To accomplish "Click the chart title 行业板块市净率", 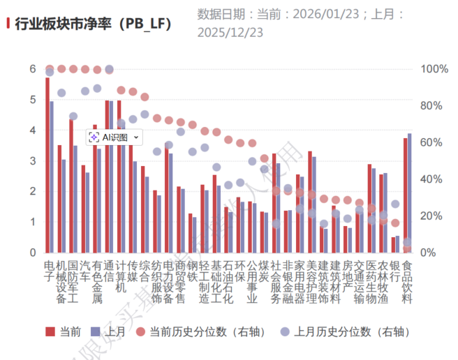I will (x=91, y=23).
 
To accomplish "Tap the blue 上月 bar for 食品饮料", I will (x=409, y=193).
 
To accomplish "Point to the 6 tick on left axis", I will (x=32, y=69).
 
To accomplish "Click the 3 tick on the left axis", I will (x=32, y=160).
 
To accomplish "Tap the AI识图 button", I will (x=114, y=137).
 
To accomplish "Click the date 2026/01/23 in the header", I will (x=313, y=13).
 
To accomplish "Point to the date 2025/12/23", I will (x=231, y=31).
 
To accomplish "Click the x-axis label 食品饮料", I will (x=408, y=282).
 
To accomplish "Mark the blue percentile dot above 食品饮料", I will (x=408, y=243).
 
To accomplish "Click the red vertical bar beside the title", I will (x=8, y=23).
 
